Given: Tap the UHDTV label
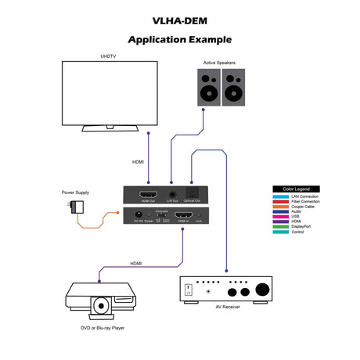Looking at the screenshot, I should pos(109,56).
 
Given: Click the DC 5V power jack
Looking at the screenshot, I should pos(139,214).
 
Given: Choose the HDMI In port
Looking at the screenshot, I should pos(183,214).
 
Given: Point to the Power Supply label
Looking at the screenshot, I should pos(77,193).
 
